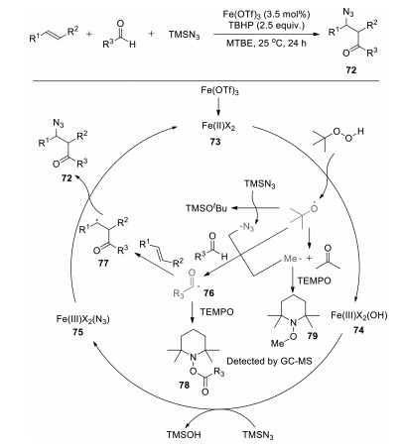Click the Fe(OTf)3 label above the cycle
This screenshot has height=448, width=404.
click(x=219, y=91)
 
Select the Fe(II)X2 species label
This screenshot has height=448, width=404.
click(x=218, y=126)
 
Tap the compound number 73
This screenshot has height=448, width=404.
click(x=215, y=141)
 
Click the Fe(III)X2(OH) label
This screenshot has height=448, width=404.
click(x=359, y=315)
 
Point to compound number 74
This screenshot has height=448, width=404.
click(x=358, y=330)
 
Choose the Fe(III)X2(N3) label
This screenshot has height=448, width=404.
click(x=82, y=319)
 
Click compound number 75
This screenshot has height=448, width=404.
click(x=78, y=333)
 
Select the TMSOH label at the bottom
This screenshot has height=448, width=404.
click(x=184, y=434)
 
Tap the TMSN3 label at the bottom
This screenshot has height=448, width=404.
click(x=258, y=435)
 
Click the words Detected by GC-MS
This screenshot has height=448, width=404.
click(x=269, y=361)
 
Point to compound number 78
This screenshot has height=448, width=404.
click(x=184, y=385)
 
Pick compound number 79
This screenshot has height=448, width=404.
click(x=312, y=336)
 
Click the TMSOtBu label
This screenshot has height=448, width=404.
click(x=206, y=208)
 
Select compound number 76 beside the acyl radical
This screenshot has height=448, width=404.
click(x=208, y=292)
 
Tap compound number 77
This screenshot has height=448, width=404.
click(x=103, y=264)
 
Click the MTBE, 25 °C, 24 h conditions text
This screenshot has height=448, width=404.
click(x=267, y=43)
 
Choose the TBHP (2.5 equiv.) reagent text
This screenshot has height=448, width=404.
click(x=267, y=26)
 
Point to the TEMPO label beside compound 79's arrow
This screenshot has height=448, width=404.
click(x=314, y=280)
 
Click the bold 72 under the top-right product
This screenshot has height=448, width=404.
click(x=351, y=70)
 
